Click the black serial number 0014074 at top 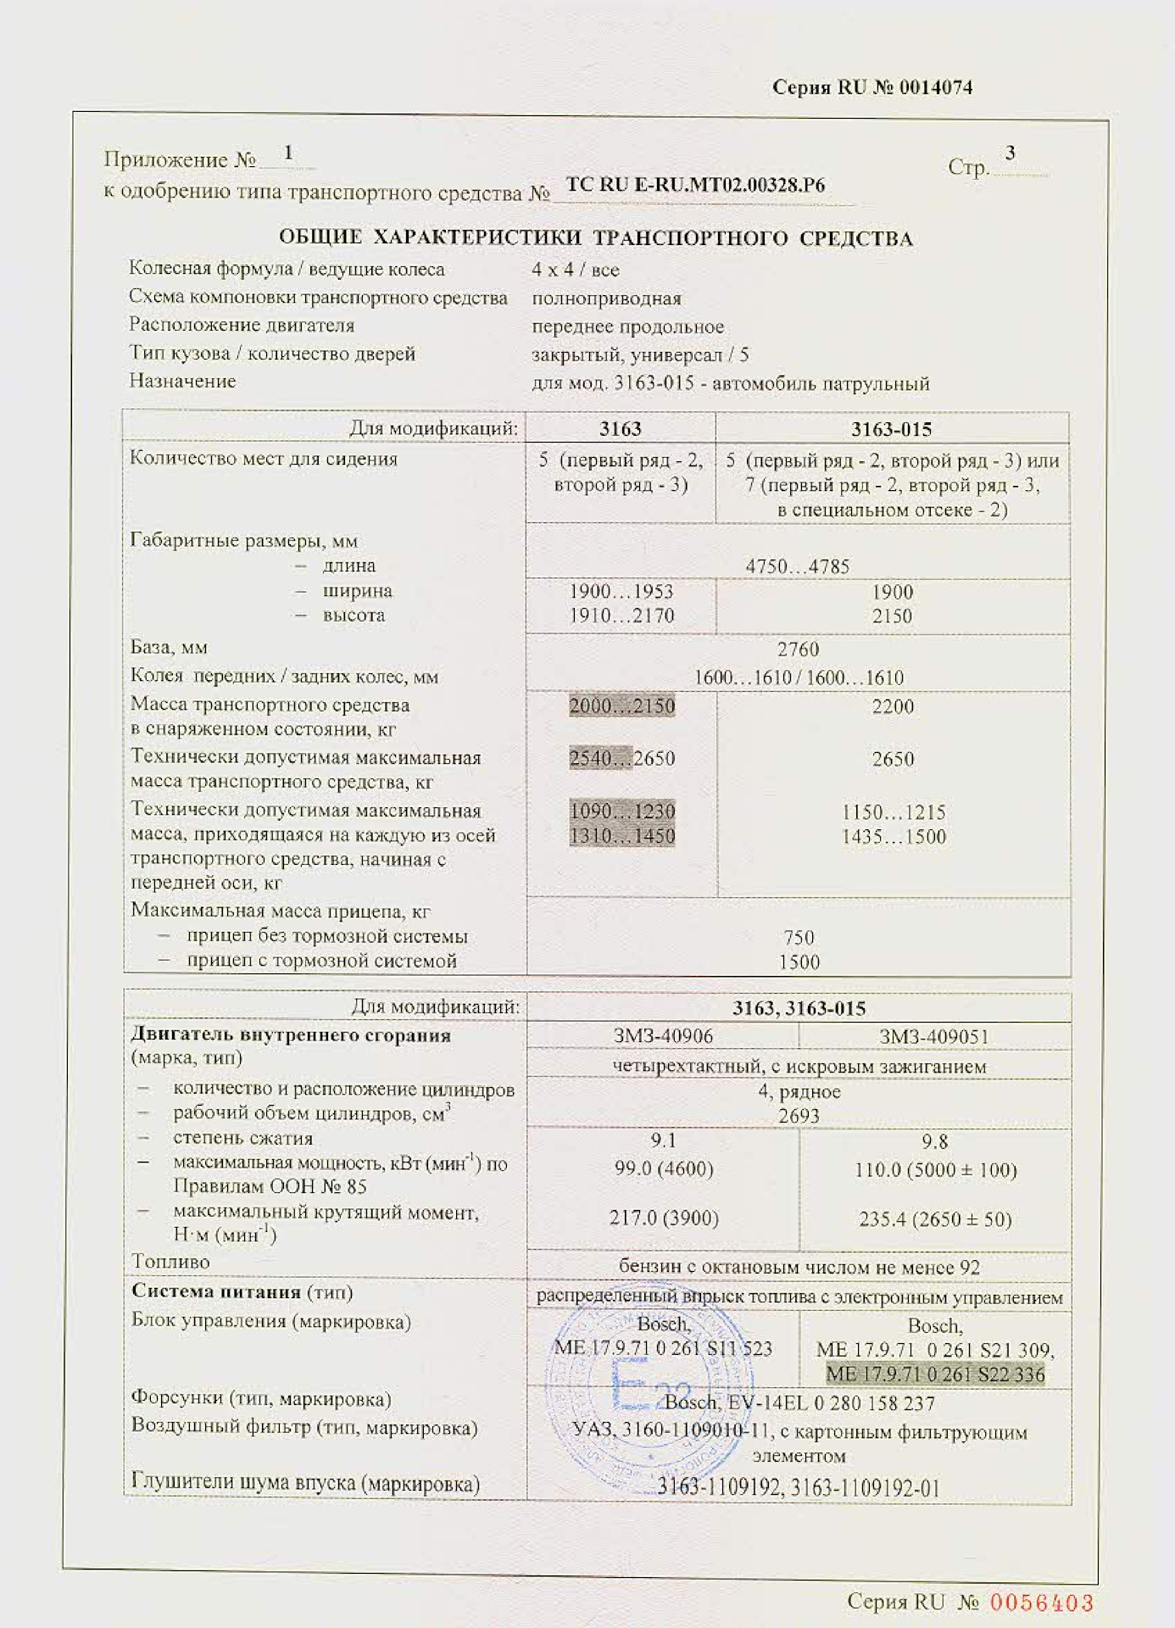click(935, 87)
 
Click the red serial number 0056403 click(1042, 1602)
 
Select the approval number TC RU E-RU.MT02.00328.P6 click(695, 186)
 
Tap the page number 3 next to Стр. click(1010, 153)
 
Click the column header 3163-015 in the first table click(891, 429)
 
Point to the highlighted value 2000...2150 click(622, 706)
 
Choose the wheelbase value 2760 click(798, 650)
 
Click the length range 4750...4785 click(797, 566)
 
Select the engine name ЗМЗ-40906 click(663, 1036)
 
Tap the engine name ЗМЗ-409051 click(933, 1036)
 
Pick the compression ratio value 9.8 click(934, 1142)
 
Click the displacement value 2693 click(799, 1116)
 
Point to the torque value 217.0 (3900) click(664, 1218)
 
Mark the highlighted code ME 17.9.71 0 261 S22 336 click(935, 1374)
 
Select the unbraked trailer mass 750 click(799, 937)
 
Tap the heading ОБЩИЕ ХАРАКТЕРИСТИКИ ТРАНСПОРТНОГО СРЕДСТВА click(596, 238)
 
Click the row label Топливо click(170, 1262)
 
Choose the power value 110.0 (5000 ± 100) click(935, 1170)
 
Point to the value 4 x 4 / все click(576, 270)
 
